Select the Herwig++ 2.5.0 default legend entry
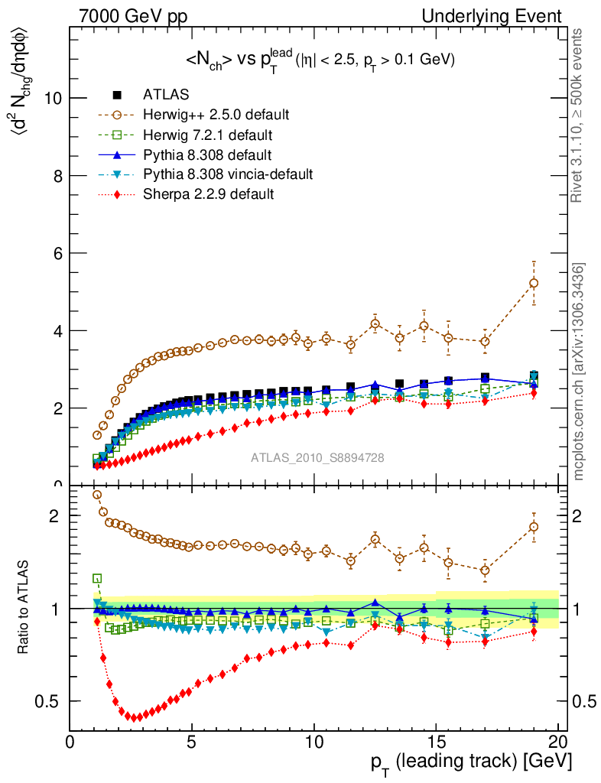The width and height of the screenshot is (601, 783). point(216,115)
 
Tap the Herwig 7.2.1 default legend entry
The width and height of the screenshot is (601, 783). point(208,135)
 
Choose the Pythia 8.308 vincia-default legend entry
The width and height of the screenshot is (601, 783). point(228,175)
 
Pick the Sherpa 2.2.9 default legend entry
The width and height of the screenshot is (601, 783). point(208,195)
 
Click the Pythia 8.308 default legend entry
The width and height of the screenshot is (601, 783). point(207,155)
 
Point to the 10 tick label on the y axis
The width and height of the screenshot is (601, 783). point(54,98)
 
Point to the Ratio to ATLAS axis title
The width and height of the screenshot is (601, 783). point(24,609)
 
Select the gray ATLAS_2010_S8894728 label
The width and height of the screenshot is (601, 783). point(317,458)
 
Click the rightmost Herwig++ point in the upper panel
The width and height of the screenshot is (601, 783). point(534,283)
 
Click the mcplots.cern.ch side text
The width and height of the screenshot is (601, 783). point(580,372)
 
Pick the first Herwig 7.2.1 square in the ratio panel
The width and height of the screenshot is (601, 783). point(97,579)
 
